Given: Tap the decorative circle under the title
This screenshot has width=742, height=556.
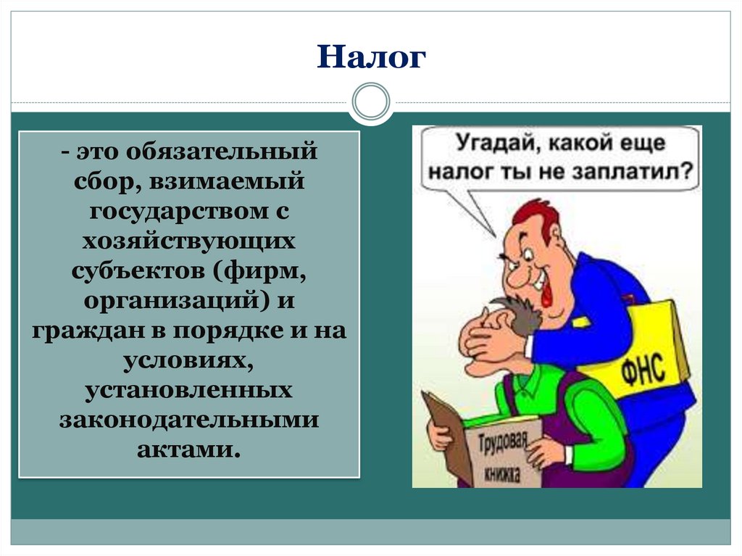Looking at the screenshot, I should [370, 101].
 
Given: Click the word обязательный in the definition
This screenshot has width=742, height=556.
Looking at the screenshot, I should [221, 153].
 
